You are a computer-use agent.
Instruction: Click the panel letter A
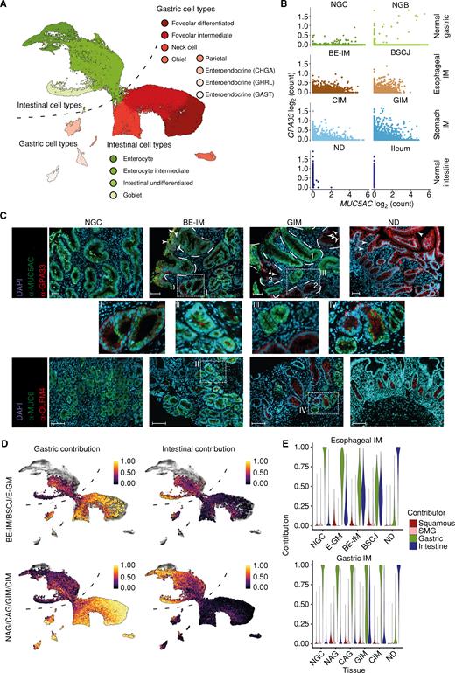click(6, 6)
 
